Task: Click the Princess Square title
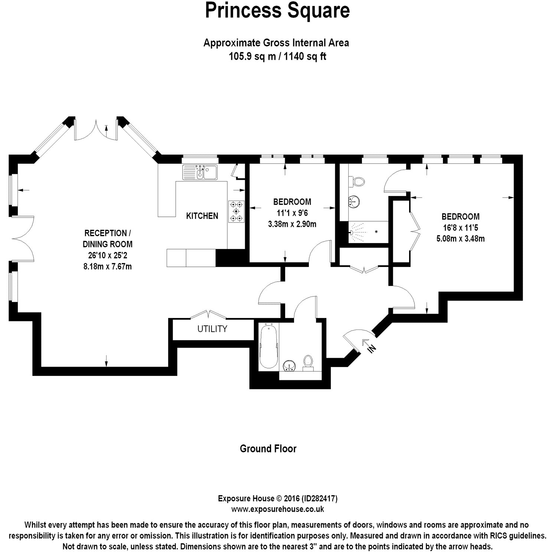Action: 277,11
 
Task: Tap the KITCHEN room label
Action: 202,216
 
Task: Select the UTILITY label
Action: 212,329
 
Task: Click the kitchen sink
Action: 201,172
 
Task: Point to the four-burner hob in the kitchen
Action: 236,211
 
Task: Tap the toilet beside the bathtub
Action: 308,362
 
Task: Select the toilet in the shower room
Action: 357,182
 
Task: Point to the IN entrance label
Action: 372,348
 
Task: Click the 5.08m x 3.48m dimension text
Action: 460,239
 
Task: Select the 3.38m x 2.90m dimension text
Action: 292,224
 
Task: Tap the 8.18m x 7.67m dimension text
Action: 108,266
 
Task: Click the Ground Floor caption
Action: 268,449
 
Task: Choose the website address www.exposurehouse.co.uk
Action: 277,509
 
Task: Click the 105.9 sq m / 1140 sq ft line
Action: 277,57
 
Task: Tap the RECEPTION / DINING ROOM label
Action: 108,238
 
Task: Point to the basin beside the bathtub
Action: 289,366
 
